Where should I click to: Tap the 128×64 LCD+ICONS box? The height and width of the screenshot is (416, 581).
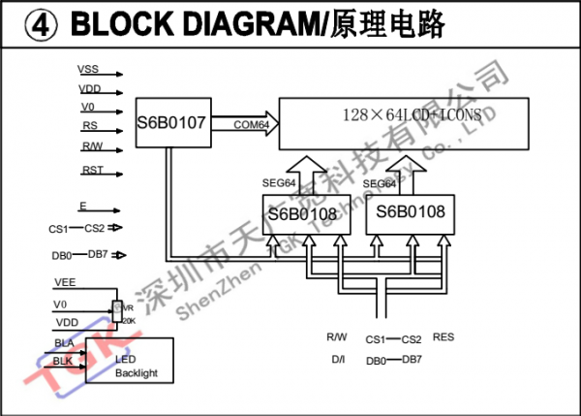405,123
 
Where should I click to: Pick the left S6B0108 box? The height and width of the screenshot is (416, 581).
302,213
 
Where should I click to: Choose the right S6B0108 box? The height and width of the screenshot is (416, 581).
411,211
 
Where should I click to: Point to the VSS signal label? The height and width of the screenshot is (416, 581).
89,71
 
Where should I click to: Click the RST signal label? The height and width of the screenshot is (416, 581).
93,171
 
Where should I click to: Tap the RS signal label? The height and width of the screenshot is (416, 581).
89,125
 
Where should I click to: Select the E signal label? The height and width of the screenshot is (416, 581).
82,207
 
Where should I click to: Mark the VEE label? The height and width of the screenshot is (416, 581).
66,282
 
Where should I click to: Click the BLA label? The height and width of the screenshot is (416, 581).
64,343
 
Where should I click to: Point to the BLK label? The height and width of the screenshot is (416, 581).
63,361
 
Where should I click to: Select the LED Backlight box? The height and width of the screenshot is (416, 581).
130,360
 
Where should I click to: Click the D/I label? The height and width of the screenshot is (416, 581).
338,360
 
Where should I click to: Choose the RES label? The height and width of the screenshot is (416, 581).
443,337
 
